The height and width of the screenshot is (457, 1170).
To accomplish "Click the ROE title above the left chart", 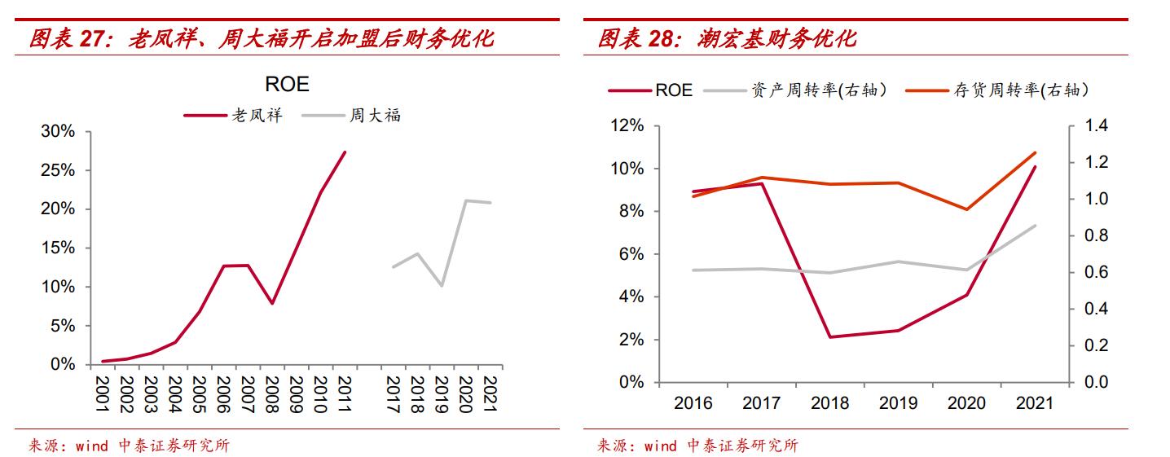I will [287, 85].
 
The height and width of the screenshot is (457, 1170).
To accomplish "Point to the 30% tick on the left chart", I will [58, 132].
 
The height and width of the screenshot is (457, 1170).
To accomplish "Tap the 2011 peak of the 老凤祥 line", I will [345, 152].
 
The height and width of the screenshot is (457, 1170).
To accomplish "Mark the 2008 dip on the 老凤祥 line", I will [272, 303].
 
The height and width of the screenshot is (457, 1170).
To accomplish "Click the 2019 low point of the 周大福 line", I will [441, 286].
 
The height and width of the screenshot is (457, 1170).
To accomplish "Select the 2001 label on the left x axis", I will [103, 393].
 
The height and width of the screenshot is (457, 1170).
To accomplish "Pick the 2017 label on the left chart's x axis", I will [393, 393].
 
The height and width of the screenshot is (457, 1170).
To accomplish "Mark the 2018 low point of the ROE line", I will [829, 337].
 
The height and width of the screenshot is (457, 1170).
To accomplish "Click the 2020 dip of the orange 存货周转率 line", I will [966, 209].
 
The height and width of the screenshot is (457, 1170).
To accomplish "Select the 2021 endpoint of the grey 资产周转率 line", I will [1036, 226].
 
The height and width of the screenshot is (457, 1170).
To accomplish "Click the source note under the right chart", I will [697, 445].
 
